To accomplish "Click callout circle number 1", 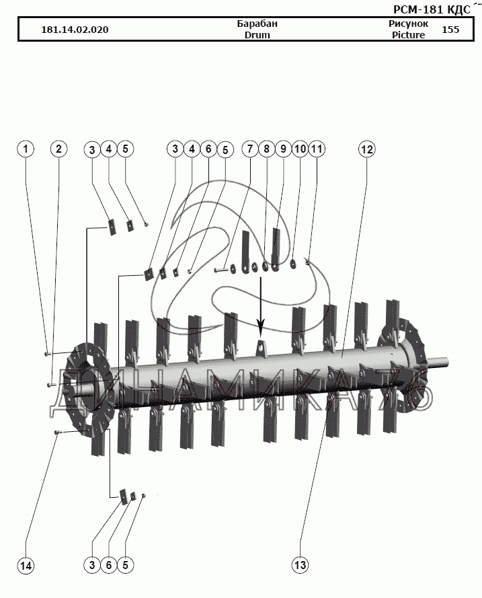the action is click(26, 149).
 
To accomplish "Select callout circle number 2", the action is click(59, 149).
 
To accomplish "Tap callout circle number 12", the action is click(366, 149).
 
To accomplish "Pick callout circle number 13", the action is click(300, 566).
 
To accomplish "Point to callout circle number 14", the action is click(26, 566).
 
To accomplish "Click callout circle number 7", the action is click(250, 149).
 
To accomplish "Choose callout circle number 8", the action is click(266, 149).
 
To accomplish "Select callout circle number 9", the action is click(282, 149).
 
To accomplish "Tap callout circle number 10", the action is click(300, 149).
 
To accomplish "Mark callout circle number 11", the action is click(317, 149).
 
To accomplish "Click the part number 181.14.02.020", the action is click(75, 30).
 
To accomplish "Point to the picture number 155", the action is click(451, 30).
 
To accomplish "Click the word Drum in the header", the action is click(257, 35).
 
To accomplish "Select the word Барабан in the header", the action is click(257, 24).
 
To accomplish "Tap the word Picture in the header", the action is click(408, 35).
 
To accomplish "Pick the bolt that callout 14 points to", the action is click(58, 432).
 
